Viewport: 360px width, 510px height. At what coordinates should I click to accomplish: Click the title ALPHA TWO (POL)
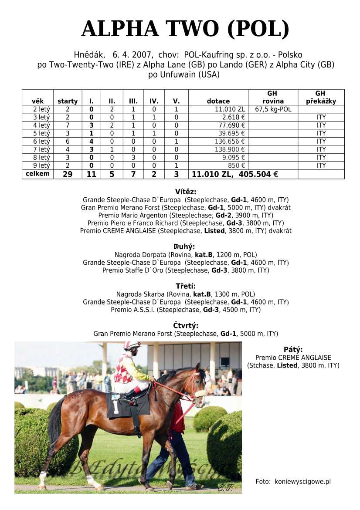click(x=185, y=29)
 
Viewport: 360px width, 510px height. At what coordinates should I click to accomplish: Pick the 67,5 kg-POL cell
click(x=273, y=109)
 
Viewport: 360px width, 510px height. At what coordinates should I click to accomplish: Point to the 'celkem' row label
click(x=37, y=174)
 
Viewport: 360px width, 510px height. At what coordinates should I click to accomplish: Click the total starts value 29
click(x=67, y=174)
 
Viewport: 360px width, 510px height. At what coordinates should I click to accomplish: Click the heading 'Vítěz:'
click(x=186, y=192)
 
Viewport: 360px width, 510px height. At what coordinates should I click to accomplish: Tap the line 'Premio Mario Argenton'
click(x=186, y=215)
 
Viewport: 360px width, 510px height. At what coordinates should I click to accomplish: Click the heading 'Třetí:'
click(x=186, y=286)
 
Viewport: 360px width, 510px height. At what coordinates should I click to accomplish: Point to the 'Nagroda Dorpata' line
click(x=186, y=254)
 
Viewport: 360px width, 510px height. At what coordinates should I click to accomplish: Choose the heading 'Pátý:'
click(x=293, y=349)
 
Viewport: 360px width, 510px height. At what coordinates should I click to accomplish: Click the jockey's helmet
click(x=132, y=346)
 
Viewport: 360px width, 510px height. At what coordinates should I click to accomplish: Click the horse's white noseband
click(x=200, y=394)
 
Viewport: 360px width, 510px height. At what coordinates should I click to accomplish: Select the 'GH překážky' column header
click(x=320, y=97)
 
